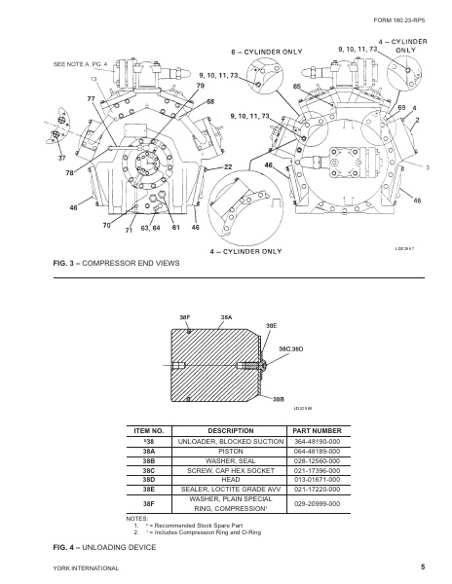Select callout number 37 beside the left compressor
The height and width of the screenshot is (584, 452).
click(x=35, y=158)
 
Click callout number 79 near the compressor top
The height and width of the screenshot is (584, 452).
click(x=200, y=87)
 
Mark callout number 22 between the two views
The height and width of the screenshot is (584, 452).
click(x=228, y=168)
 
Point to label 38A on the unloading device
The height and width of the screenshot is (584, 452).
click(x=225, y=317)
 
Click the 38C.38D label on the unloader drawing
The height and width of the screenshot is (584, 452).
click(x=291, y=347)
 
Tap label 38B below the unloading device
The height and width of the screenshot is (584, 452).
click(x=279, y=399)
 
